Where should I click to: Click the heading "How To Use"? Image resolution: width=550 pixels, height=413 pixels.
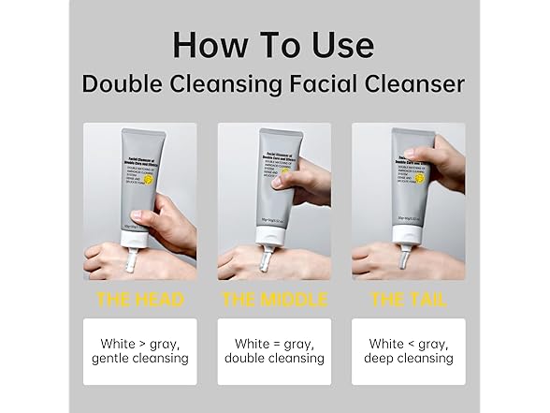tap(274, 45)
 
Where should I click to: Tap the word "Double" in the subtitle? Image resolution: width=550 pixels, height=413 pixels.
tap(123, 84)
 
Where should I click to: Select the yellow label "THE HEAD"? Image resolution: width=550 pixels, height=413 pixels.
tap(139, 300)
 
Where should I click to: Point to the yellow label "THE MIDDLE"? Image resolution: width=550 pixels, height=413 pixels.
tap(275, 300)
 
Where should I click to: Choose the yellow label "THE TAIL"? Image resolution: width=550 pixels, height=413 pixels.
tap(409, 300)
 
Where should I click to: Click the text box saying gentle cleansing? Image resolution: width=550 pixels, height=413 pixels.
tap(139, 351)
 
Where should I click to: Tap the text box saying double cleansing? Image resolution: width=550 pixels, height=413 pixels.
tap(274, 351)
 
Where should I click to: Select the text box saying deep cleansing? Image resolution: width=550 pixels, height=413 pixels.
tap(409, 351)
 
